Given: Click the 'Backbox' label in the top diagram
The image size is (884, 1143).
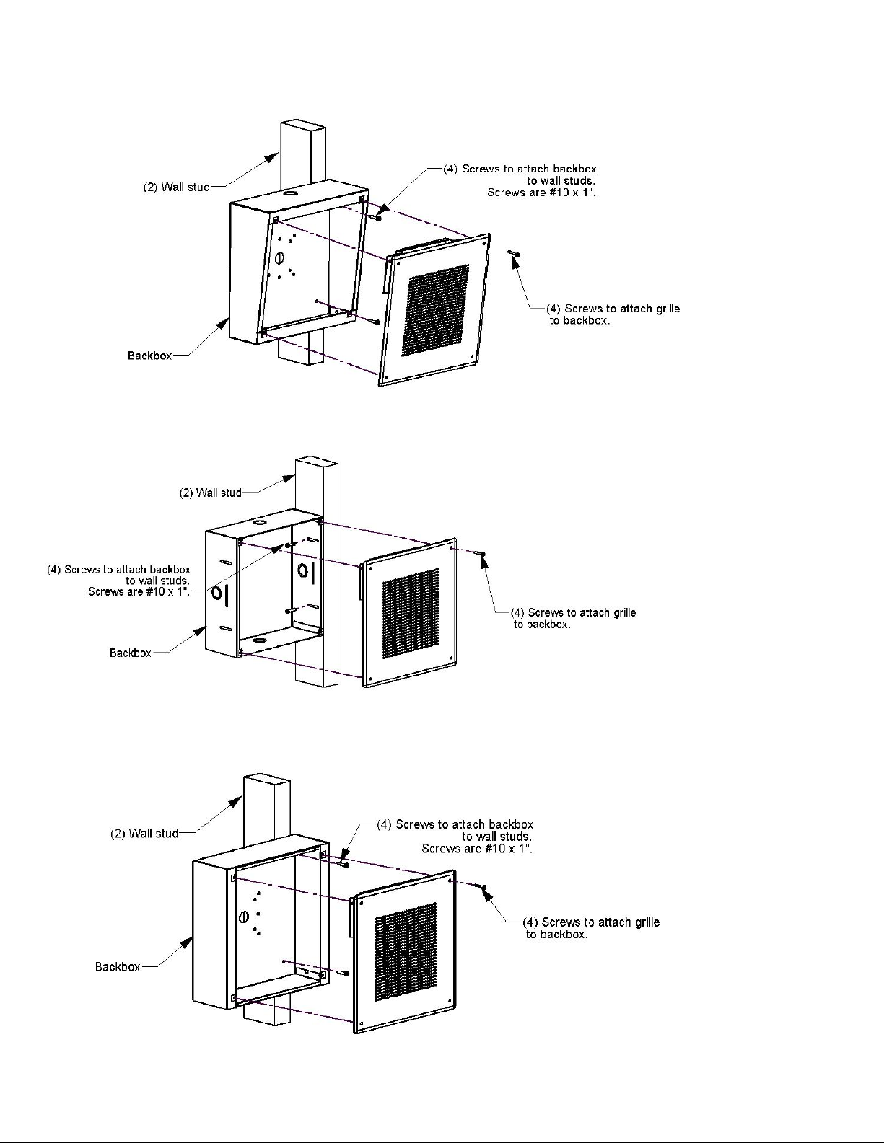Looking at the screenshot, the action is tap(149, 356).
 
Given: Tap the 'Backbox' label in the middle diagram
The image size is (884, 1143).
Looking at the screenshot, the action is tap(131, 653).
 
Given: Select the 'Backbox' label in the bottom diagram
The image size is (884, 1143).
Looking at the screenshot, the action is tap(118, 966).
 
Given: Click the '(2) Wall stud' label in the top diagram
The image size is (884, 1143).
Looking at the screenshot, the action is tap(175, 187).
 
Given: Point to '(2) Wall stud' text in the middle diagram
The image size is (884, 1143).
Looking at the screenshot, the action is tap(210, 493).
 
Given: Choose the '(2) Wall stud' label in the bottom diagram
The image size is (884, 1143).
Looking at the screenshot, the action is tap(144, 834).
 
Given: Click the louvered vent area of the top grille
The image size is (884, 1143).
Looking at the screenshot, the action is tap(437, 310).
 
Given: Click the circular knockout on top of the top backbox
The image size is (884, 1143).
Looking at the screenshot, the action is tap(289, 193).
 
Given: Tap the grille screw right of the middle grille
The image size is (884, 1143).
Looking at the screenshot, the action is tap(482, 554).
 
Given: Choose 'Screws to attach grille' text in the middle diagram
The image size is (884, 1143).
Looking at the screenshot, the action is tap(582, 612).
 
